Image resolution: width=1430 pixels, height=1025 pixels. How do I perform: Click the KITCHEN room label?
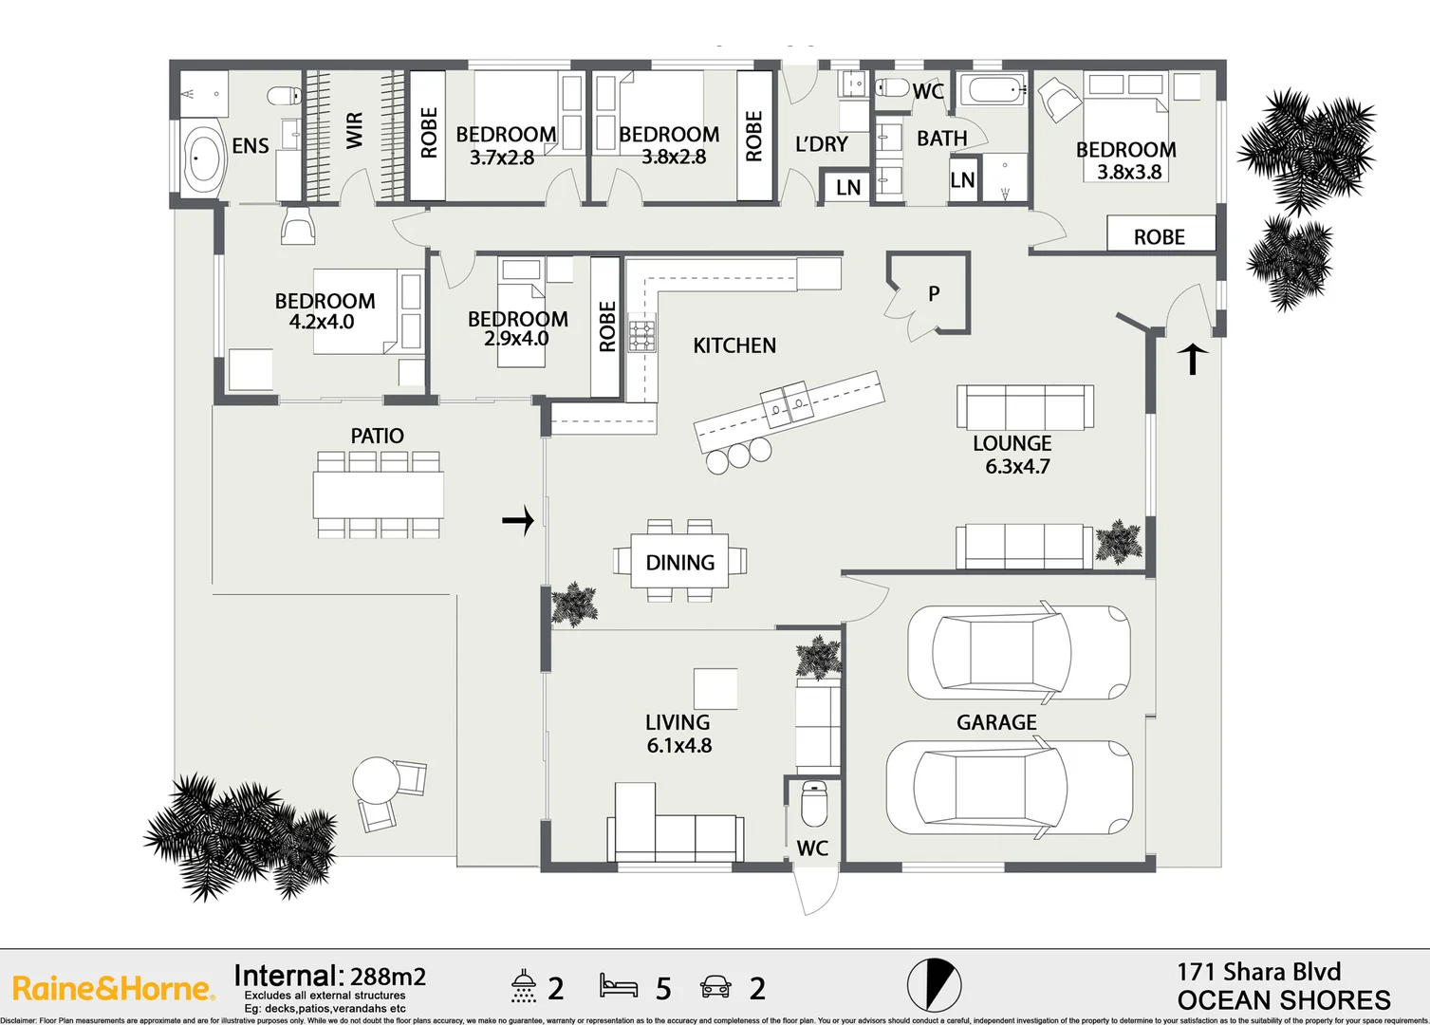pos(734,345)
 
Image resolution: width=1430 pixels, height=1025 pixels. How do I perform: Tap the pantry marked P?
pos(933,293)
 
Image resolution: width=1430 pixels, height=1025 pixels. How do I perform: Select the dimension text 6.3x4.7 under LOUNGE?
pos(1017,466)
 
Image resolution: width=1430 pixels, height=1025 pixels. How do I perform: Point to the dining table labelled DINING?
pos(680,562)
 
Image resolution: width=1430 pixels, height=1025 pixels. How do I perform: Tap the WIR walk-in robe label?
pos(355,130)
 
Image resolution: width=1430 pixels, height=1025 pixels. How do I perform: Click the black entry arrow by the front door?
pos(1193,359)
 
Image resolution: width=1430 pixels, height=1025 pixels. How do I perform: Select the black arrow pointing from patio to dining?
pos(518,520)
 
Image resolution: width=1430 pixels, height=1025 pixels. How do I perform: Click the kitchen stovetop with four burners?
pos(641,336)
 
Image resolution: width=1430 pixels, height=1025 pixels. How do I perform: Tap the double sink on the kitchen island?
pos(788,405)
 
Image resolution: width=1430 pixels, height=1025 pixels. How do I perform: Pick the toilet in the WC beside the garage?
pos(814,803)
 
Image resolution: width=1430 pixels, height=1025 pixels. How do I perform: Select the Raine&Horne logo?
pos(113,988)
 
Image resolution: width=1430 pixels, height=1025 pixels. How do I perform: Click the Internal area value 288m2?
pos(387,977)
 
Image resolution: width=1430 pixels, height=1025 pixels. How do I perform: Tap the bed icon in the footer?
pos(619,986)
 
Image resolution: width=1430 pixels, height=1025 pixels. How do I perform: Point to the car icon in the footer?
pos(715,987)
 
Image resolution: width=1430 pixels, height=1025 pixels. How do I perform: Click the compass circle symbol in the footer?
pos(934,984)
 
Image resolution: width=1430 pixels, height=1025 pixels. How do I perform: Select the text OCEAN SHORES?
pos(1283,1000)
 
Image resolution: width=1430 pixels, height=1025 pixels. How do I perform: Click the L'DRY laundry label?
pos(821,144)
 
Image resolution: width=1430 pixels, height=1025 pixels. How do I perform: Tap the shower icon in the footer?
pos(523,986)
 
